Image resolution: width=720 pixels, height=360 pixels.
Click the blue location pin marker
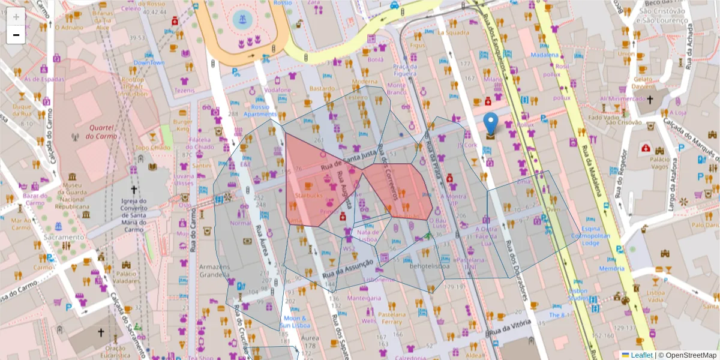pos(491,125)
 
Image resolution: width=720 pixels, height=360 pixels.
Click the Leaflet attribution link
pos(641,355)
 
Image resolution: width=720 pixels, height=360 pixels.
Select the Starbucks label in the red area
pos(309,196)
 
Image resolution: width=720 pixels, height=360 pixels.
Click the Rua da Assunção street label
pos(347,268)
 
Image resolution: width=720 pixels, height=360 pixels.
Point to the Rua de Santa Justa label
pos(348,161)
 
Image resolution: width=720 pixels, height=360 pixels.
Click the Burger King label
pos(182,125)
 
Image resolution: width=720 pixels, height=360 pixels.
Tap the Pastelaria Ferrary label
pos(391,318)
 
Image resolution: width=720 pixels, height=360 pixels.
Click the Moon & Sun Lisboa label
pos(295,322)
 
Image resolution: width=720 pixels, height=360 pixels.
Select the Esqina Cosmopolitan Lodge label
pos(599,235)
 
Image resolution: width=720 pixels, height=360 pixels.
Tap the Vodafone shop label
pos(277,90)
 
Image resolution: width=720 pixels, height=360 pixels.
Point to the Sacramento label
pos(64,237)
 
